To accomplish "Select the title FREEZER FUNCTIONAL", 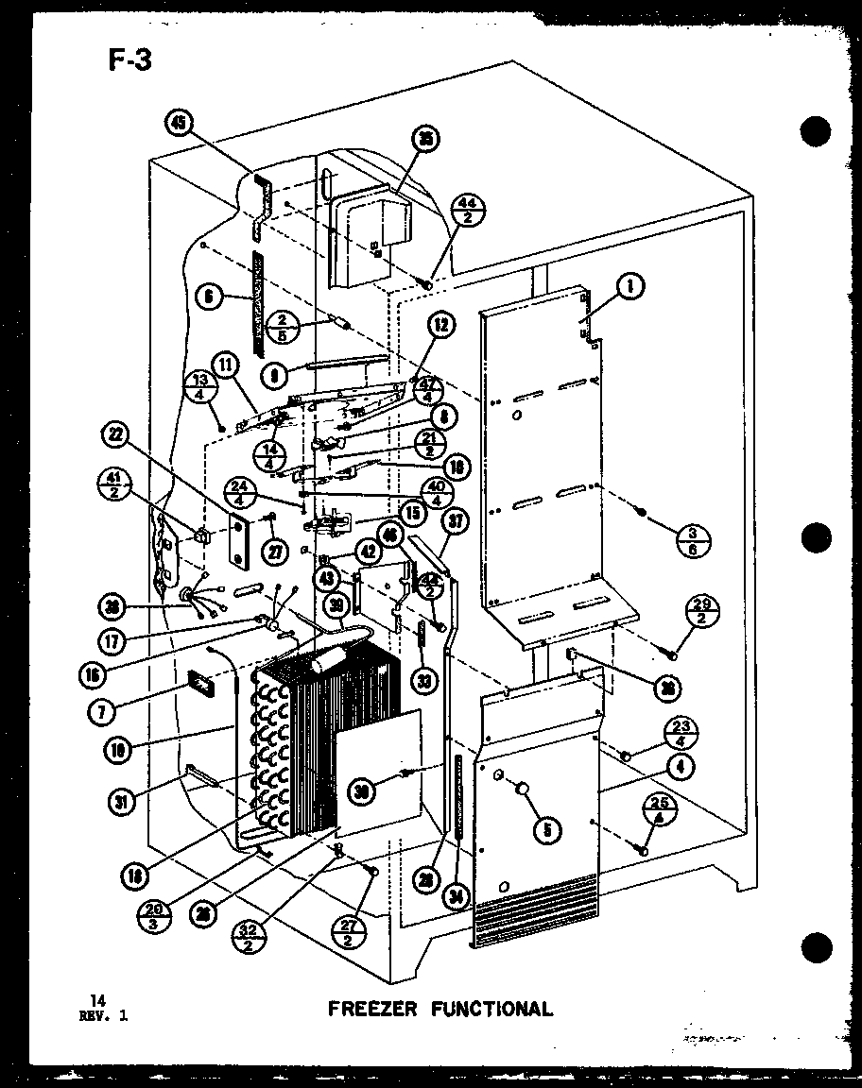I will click(x=440, y=1008).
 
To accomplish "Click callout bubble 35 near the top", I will click(x=425, y=140).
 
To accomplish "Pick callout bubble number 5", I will click(x=546, y=829).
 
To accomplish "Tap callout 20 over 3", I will click(x=155, y=915).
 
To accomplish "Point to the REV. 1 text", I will click(x=103, y=1017).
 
